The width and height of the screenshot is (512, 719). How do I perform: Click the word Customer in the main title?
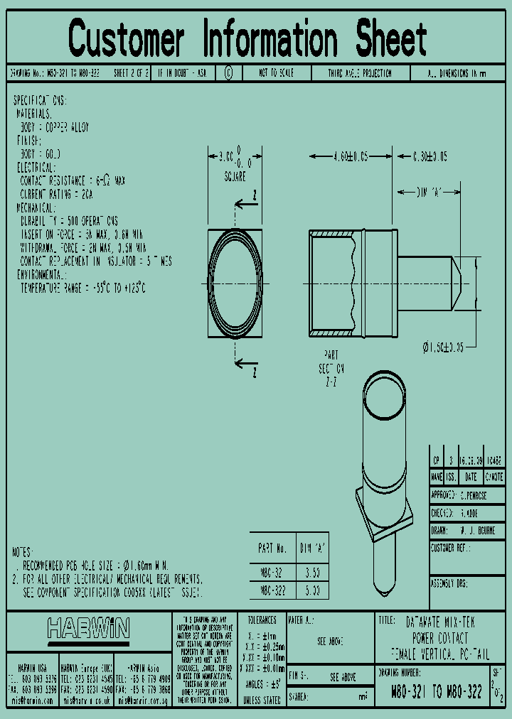click(x=127, y=38)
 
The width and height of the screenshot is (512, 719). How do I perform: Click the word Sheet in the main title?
click(x=392, y=38)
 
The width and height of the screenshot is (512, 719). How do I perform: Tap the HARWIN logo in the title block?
click(x=88, y=628)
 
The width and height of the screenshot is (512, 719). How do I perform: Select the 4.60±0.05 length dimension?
click(x=351, y=157)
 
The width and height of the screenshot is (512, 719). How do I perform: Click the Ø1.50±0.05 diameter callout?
click(x=452, y=347)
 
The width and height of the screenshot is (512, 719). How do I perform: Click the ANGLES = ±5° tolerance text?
click(x=262, y=683)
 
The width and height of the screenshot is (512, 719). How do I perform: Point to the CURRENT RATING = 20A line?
click(x=57, y=194)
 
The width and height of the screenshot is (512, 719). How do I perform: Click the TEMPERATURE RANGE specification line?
click(x=82, y=288)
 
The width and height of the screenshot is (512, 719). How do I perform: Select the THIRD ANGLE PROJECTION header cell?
click(x=359, y=73)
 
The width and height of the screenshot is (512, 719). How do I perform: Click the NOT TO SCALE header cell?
click(x=276, y=73)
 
